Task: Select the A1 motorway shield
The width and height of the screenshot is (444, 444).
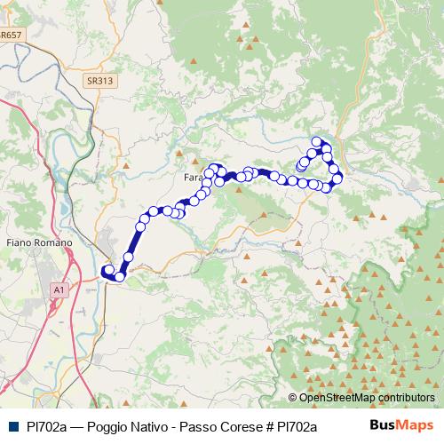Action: (59, 289)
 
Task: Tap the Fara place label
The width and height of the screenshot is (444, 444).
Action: (194, 178)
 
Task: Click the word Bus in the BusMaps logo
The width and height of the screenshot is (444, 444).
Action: (382, 425)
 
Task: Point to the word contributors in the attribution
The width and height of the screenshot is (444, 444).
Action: (405, 398)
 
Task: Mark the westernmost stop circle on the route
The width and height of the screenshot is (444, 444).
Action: (107, 271)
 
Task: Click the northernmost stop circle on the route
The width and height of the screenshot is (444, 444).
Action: (316, 142)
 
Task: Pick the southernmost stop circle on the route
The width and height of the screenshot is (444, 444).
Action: (119, 277)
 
